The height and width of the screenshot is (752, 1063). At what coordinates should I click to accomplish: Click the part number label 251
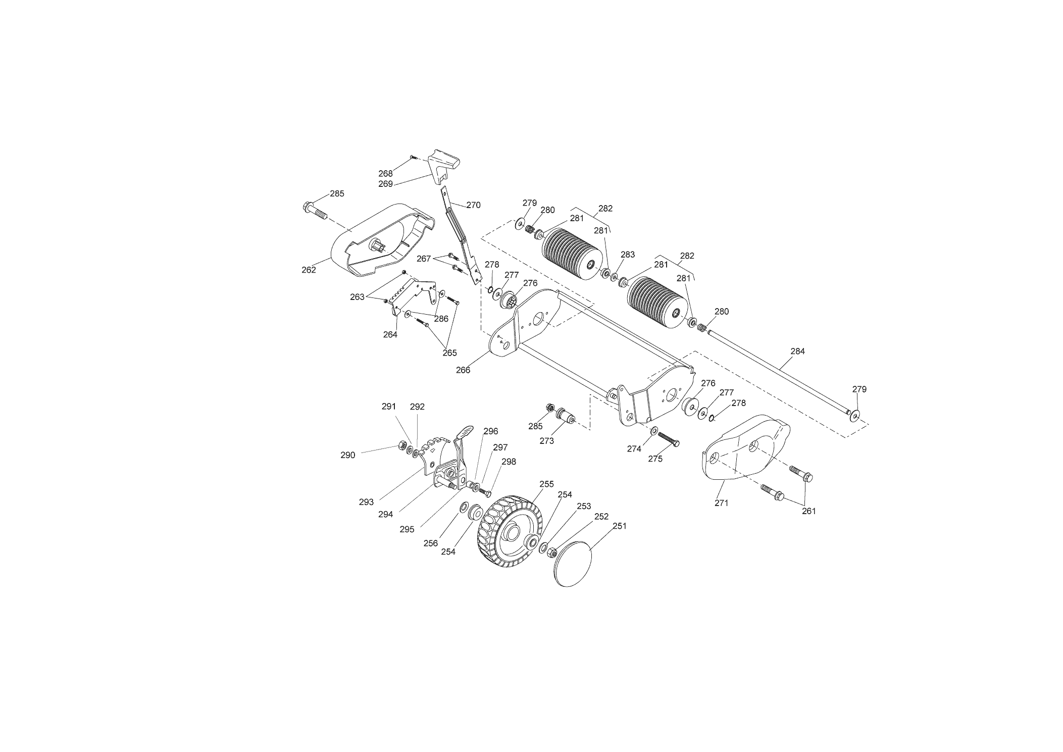[x=619, y=526]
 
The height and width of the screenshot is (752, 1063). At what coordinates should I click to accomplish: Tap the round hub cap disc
[x=573, y=564]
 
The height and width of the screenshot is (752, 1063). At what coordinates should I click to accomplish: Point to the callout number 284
[x=797, y=351]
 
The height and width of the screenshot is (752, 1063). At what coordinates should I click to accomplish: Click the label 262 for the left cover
[x=309, y=270]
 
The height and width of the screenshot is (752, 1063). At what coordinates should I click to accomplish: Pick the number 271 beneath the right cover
[x=722, y=503]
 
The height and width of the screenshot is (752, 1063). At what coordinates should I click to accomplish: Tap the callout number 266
[x=463, y=370]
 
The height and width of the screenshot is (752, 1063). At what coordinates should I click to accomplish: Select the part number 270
[x=473, y=205]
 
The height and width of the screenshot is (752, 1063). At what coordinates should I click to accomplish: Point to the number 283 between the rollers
[x=628, y=255]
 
